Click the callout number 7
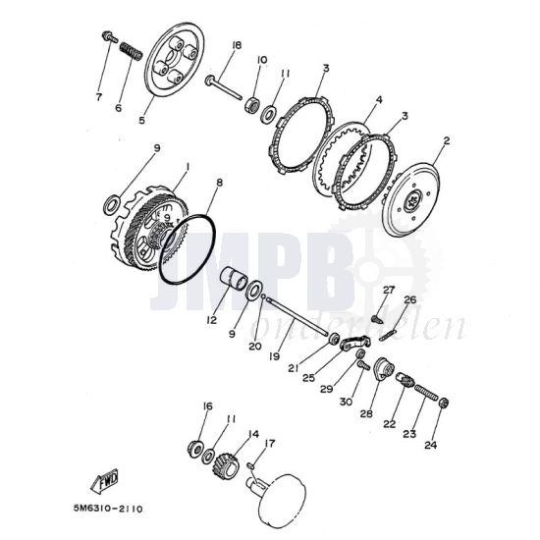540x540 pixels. pyautogui.click(x=98, y=96)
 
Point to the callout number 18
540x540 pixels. pyautogui.click(x=237, y=46)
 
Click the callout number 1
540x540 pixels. pyautogui.click(x=181, y=169)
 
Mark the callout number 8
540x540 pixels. pyautogui.click(x=220, y=182)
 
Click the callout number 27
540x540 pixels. pyautogui.click(x=388, y=290)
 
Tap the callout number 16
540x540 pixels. pyautogui.click(x=207, y=405)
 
